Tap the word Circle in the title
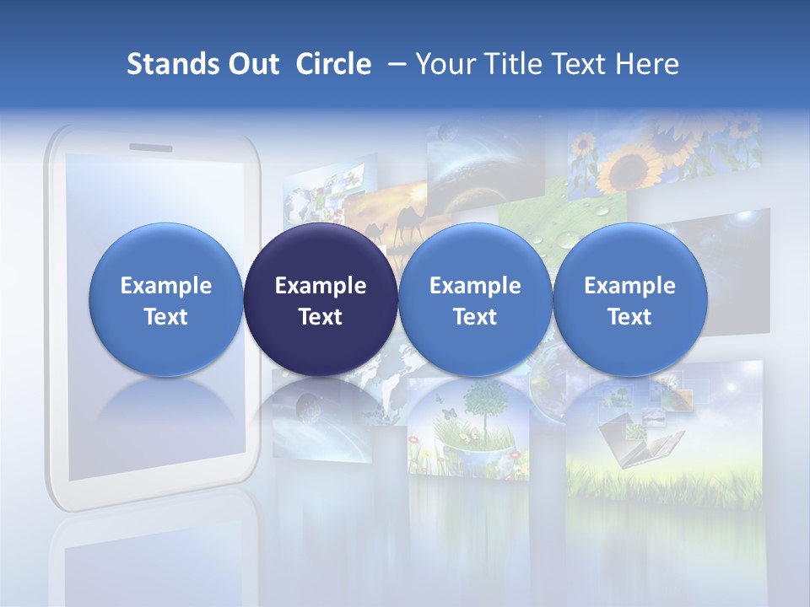point(333,64)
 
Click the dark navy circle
point(321,300)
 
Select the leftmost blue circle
point(165,300)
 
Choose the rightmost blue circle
point(629,300)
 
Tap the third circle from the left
point(475,300)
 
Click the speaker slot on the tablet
point(150,148)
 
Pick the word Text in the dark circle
point(321,317)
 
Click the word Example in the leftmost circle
point(165,286)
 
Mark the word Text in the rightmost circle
point(629,317)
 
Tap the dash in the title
point(394,64)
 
